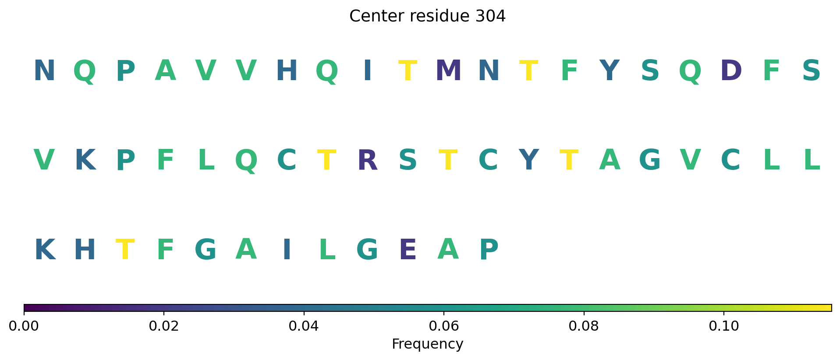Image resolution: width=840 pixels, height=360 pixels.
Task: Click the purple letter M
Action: pos(448,71)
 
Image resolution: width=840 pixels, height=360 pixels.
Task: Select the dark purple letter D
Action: pos(731,71)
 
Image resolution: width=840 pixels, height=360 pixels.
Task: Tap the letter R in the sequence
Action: pos(368,160)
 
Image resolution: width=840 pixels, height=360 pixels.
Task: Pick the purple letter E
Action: pos(408,250)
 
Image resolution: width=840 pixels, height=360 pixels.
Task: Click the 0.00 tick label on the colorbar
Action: pos(24,326)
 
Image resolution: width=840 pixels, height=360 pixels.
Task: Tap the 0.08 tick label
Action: pos(584,326)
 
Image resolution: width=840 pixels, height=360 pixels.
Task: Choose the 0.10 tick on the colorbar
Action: pos(723,326)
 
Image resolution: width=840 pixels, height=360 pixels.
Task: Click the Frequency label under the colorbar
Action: pos(427,344)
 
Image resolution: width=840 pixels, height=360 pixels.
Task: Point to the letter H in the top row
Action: pos(287,71)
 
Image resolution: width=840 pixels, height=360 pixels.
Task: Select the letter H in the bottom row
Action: pos(85,250)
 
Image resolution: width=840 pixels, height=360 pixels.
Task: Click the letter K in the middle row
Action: pos(85,160)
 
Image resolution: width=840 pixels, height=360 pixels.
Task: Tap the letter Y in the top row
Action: pos(610,71)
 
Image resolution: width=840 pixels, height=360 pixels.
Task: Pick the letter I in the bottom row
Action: pos(287,250)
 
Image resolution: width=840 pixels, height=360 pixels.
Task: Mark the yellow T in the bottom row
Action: pos(125,250)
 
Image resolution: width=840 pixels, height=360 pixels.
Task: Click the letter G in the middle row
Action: pos(650,160)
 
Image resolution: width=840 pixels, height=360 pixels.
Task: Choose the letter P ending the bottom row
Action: pos(489,250)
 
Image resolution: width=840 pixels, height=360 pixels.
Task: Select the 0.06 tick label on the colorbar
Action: pos(444,326)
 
